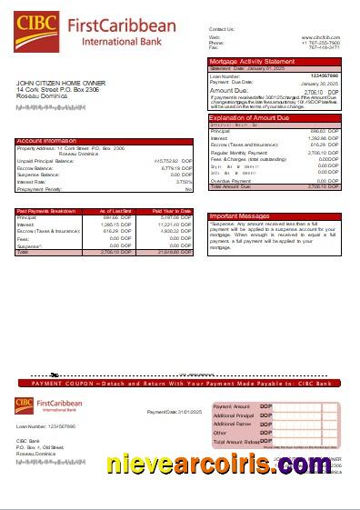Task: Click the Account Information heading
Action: pos(46,141)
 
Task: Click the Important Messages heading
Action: pos(239,215)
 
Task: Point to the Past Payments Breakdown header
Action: pos(45,211)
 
